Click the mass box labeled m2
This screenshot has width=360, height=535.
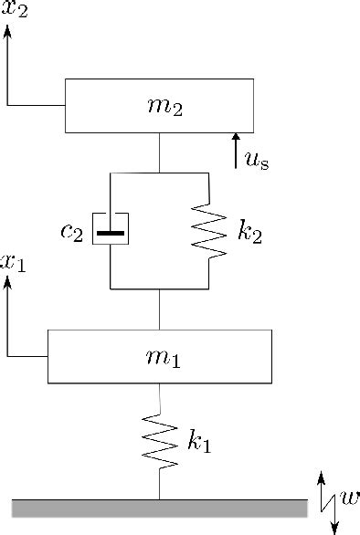158,106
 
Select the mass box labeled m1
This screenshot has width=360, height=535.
159,356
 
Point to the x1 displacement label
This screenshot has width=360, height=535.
13,263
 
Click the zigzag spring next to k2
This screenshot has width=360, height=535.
210,231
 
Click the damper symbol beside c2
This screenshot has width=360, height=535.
111,231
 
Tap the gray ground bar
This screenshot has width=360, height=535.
159,508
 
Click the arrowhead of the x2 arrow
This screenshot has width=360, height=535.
8,33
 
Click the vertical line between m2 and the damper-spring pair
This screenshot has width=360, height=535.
160,152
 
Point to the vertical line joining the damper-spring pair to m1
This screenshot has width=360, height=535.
160,309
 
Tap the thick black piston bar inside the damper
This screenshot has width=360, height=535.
111,232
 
